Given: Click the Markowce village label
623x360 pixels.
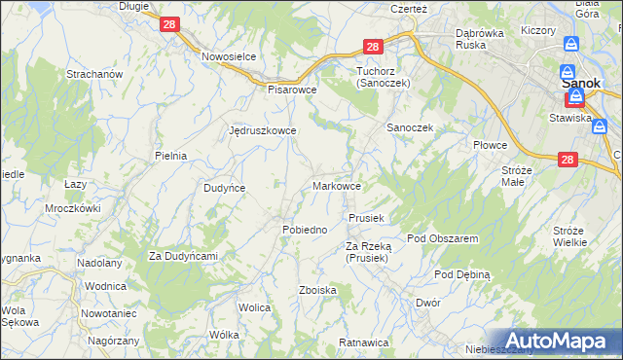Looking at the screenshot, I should click(x=338, y=185).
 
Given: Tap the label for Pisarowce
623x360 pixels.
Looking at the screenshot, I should click(x=293, y=88).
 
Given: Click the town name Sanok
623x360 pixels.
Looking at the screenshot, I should click(x=580, y=83).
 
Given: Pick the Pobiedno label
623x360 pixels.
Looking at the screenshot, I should click(x=304, y=229).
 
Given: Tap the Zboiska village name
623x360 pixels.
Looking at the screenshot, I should click(x=318, y=290).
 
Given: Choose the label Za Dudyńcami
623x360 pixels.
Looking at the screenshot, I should click(x=182, y=255).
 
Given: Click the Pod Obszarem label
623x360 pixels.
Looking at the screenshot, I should click(x=442, y=238).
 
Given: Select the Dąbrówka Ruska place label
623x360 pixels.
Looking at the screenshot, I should click(x=484, y=38).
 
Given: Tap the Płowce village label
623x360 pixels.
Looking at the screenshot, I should click(x=491, y=145).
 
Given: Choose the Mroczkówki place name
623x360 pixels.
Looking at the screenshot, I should click(x=73, y=208).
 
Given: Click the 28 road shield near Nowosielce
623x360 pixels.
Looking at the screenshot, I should click(x=168, y=25).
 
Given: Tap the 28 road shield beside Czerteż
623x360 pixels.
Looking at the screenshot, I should click(x=373, y=46).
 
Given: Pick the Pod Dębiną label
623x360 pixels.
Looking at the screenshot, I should click(x=462, y=275).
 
